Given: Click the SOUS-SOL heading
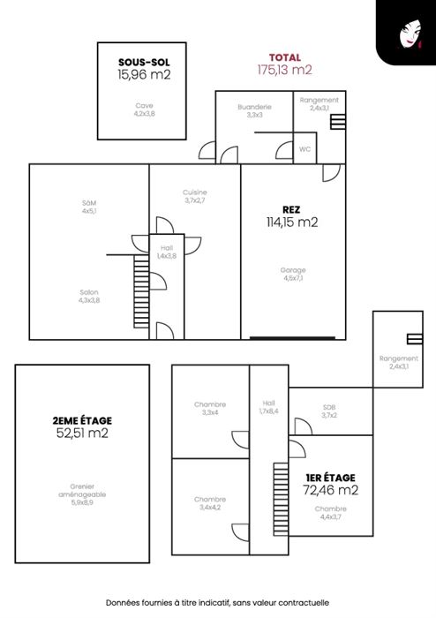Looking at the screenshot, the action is point(144,63).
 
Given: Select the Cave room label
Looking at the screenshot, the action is point(144,109).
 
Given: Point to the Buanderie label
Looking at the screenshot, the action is point(254,110).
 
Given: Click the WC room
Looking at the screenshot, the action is point(304,149).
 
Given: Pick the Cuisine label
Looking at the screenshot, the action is point(194,196).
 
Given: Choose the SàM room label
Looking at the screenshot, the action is point(89,207).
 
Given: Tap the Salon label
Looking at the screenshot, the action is point(89,296).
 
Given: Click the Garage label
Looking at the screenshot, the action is point(293,274).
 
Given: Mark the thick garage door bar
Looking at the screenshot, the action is point(293,338).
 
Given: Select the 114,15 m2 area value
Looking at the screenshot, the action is point(292,222).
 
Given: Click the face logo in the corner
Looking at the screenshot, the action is point(410,34).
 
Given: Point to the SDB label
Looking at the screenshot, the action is point(329,411).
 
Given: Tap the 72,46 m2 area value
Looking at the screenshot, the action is point(330,490).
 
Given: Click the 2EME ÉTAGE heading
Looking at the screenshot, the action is point(82,420).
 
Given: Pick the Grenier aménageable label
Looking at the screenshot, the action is point(82,494).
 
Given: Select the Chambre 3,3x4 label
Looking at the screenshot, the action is point(210,408).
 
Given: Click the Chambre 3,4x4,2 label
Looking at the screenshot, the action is point(210,503).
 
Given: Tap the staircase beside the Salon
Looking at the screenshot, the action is point(141,291).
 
